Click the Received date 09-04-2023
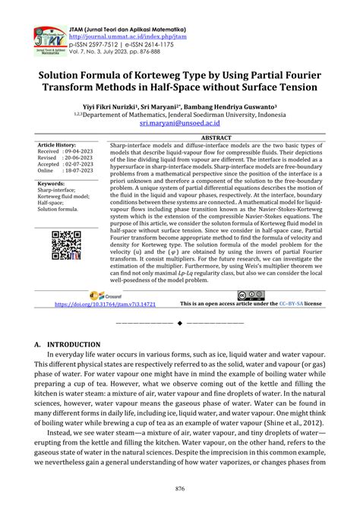coord(80,151)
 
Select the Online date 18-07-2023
coord(80,172)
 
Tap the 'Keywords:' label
coord(51,184)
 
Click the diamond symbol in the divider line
coord(179,324)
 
